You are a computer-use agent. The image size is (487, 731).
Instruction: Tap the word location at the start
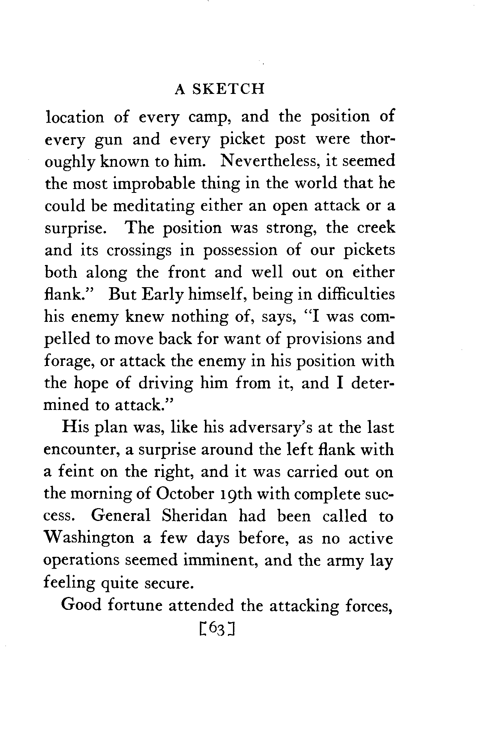(x=74, y=117)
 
